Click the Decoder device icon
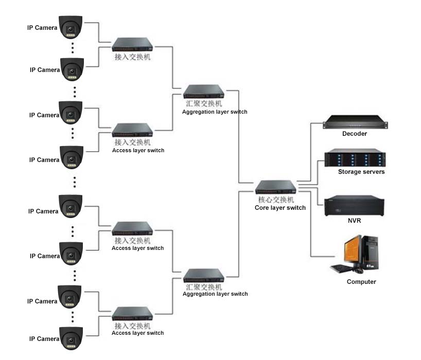point(355,123)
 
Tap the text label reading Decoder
point(355,134)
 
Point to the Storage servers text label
point(361,172)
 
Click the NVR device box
point(354,205)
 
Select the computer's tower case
point(369,253)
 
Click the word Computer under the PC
point(361,282)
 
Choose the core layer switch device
point(276,187)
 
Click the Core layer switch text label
point(280,208)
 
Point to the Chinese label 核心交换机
point(276,200)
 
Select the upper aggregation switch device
point(204,92)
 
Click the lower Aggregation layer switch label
point(215,294)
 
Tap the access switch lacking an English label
point(133,45)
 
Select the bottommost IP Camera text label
point(44,339)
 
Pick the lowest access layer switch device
point(133,314)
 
